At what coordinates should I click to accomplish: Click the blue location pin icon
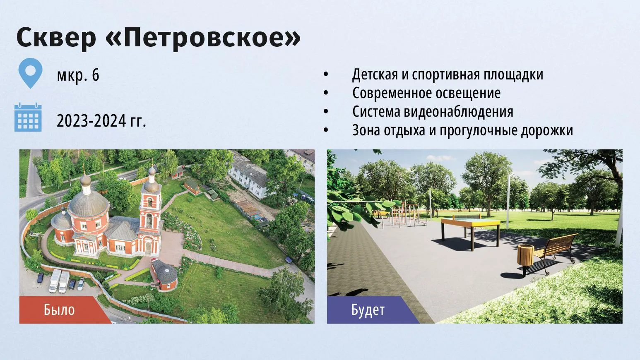click(30, 73)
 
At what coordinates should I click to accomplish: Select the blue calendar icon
click(28, 118)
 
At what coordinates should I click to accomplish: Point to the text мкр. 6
click(78, 75)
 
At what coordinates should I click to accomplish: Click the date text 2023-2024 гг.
click(101, 120)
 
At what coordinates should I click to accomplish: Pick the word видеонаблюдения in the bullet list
click(458, 111)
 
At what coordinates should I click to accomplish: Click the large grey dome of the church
click(89, 203)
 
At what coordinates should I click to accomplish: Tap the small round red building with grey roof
click(164, 275)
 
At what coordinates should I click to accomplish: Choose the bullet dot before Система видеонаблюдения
click(326, 112)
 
